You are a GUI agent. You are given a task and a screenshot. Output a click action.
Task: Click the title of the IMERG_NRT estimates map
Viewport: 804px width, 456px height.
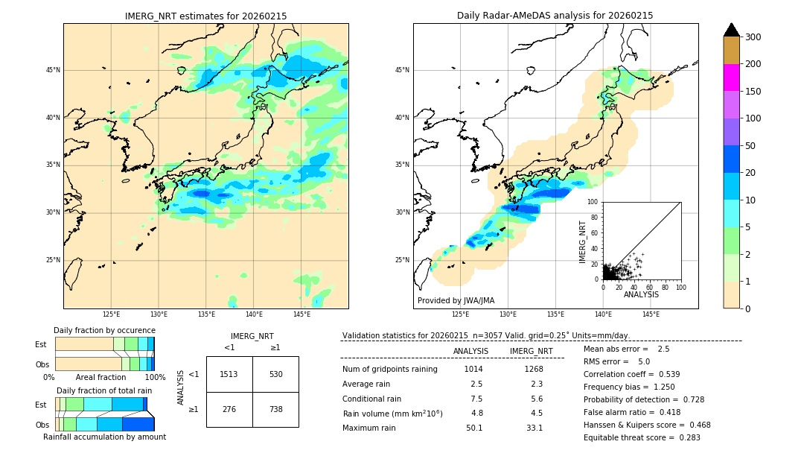[205, 16]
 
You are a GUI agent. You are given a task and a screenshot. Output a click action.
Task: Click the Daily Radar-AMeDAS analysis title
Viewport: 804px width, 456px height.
[555, 16]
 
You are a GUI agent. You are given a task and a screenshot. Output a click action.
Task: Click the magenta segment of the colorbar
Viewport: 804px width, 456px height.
[731, 77]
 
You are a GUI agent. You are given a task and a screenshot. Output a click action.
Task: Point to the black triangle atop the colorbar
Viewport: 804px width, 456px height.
[732, 30]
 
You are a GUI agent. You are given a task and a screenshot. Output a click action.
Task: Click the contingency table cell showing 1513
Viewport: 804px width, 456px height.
[229, 374]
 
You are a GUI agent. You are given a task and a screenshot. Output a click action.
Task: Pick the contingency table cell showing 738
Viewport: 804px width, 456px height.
[275, 409]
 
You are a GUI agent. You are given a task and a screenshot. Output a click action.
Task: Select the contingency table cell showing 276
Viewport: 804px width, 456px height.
[229, 409]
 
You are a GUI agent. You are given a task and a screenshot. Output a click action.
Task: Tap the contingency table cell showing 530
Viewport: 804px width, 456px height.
[275, 374]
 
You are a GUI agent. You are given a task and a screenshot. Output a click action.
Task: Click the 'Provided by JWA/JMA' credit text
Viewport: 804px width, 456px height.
[456, 300]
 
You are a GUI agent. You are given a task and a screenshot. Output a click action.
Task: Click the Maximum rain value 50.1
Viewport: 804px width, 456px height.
[474, 428]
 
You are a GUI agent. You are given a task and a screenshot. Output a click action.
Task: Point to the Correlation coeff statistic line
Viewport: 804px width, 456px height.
[631, 374]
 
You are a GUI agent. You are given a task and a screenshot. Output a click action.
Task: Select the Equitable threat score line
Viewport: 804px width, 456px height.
[642, 437]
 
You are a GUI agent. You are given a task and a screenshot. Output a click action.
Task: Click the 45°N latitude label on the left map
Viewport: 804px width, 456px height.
[53, 70]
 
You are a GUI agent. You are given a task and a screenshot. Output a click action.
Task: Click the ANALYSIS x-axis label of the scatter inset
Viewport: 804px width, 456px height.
[641, 294]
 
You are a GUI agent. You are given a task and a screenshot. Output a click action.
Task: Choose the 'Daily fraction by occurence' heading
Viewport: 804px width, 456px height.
[104, 330]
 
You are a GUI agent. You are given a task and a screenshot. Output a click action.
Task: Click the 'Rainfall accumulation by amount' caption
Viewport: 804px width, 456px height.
[104, 437]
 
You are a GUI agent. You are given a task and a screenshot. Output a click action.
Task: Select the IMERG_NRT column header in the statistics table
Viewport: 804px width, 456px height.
[531, 351]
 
